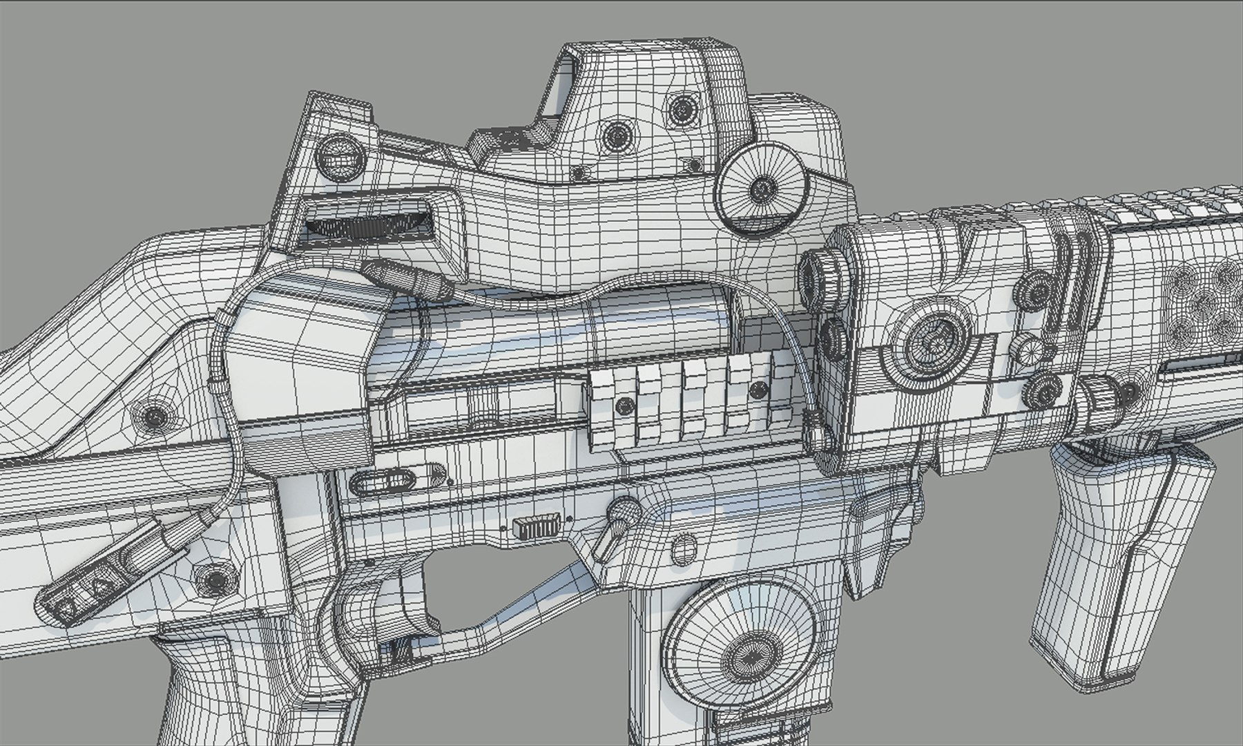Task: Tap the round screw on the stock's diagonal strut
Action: tap(153, 417)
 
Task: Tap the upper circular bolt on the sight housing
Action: tap(681, 108)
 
